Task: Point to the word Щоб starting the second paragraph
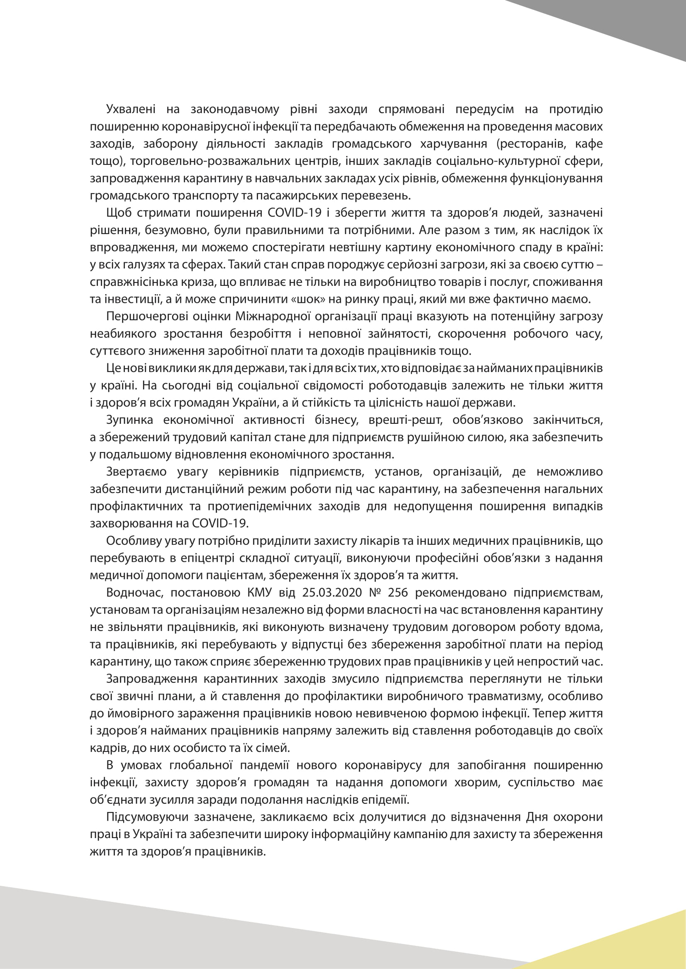pyautogui.click(x=119, y=213)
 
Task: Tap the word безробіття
pyautogui.click(x=260, y=334)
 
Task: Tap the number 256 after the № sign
pyautogui.click(x=398, y=593)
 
